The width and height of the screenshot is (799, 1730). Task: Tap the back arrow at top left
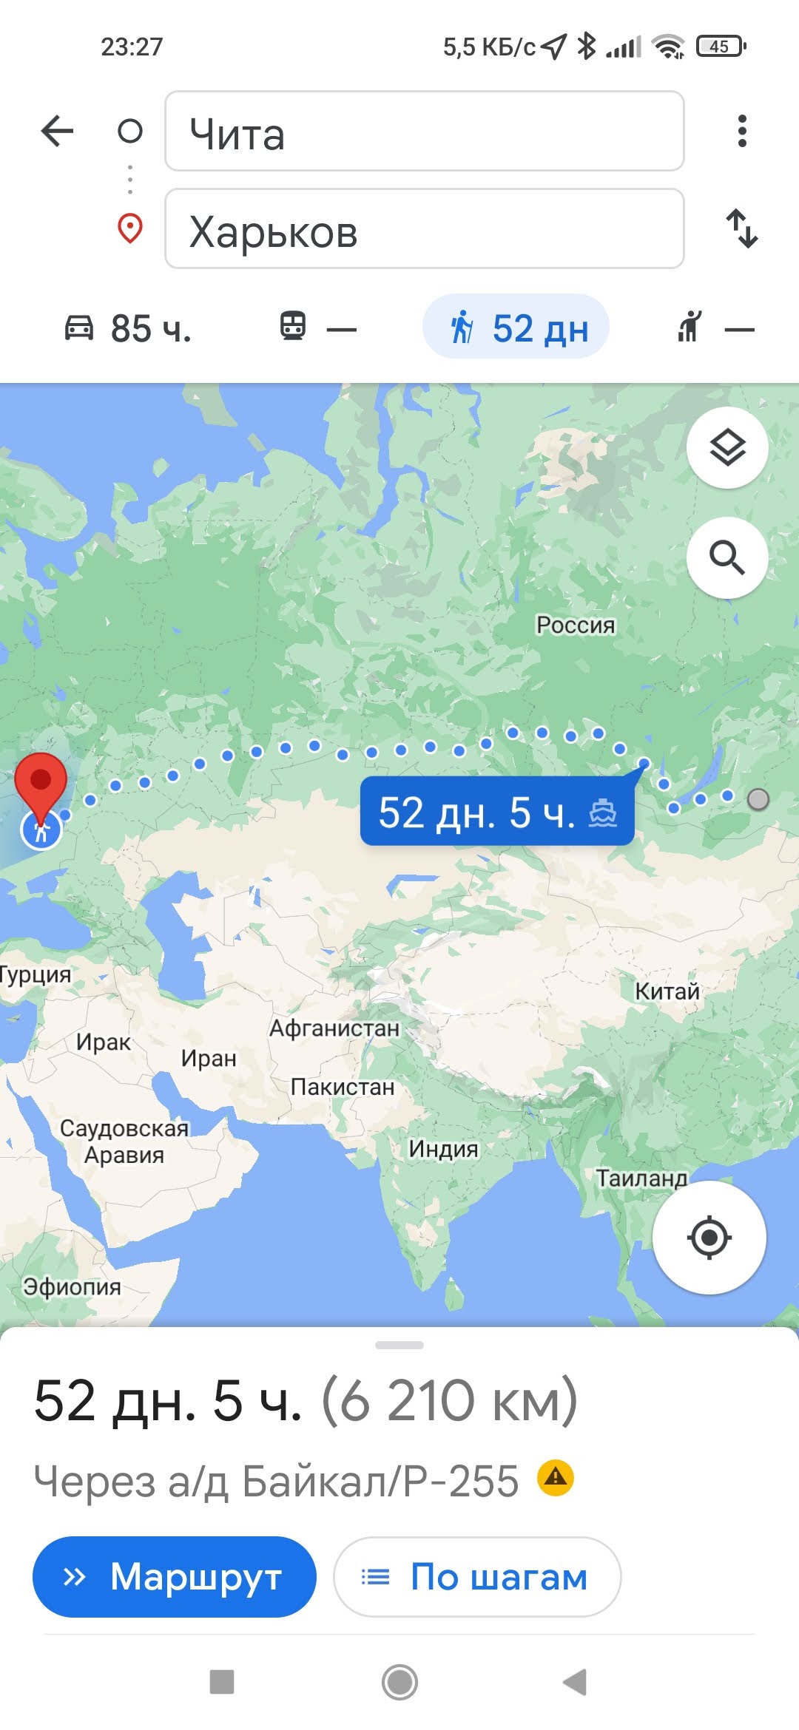57,132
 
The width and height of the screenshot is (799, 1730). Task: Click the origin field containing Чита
424,132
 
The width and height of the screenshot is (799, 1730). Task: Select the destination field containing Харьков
424,229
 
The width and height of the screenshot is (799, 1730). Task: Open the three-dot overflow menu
742,131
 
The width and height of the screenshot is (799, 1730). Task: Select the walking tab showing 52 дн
516,328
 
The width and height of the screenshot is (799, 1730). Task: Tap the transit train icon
293,326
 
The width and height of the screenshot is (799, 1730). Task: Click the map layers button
727,447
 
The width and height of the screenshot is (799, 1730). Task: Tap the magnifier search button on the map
727,557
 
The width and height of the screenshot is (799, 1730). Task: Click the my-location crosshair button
709,1237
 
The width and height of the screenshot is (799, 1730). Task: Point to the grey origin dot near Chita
758,799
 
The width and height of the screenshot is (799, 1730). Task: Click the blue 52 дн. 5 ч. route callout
496,812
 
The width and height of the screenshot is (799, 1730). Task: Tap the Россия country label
576,625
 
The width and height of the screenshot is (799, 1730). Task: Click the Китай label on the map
667,991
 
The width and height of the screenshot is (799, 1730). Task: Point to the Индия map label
443,1149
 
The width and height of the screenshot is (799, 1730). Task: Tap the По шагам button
477,1577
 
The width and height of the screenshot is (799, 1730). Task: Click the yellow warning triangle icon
556,1478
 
